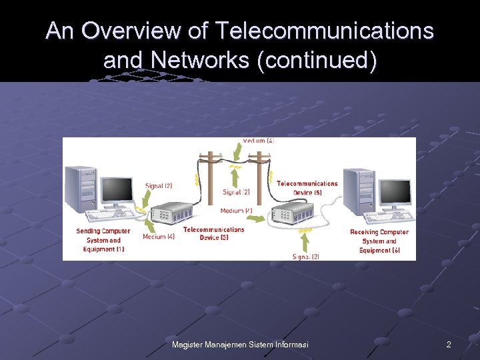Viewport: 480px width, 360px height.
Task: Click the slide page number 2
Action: coord(449,345)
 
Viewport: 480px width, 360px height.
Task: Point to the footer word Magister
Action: coord(188,345)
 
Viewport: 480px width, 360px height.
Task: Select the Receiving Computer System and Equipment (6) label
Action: coord(379,241)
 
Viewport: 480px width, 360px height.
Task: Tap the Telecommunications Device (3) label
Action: coord(213,233)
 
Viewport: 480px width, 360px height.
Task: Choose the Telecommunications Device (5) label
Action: coord(307,188)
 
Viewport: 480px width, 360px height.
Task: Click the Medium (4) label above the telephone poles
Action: coord(258,141)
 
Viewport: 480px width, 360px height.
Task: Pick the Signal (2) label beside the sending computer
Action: coord(159,185)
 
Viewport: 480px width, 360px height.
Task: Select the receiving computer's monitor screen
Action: coord(396,192)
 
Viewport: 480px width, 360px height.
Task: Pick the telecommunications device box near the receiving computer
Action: coord(290,215)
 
